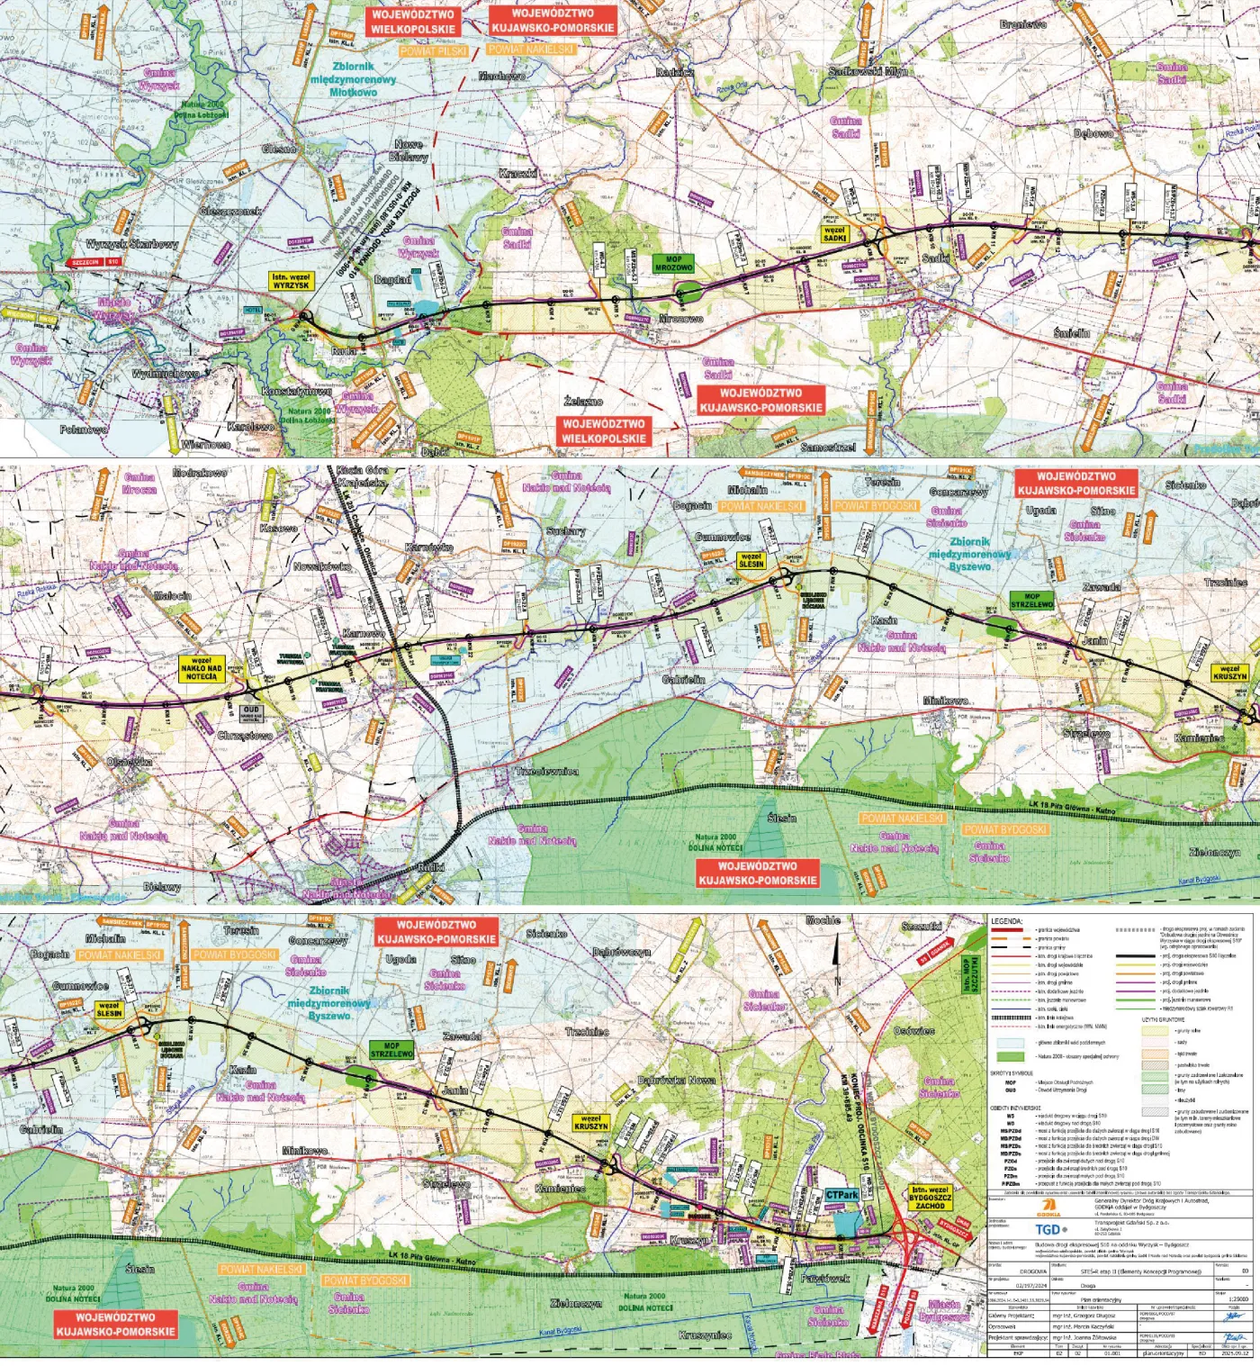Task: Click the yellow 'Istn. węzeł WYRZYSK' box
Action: [x=291, y=281]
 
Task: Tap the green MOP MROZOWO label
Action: [x=673, y=263]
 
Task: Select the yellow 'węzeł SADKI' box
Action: [x=834, y=234]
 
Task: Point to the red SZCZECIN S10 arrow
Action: [x=96, y=263]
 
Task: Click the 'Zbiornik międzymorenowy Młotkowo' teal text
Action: [x=353, y=79]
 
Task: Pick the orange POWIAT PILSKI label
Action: [x=434, y=51]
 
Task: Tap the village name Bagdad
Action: [x=392, y=280]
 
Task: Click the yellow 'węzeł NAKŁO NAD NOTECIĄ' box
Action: [x=202, y=669]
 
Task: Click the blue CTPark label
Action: [x=841, y=1195]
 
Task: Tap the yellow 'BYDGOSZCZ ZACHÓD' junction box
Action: [x=930, y=1198]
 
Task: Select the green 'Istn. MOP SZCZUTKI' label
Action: [x=967, y=975]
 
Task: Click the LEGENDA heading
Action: [x=1006, y=922]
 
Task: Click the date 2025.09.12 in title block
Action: [x=1237, y=1352]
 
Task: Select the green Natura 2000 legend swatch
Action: [x=1011, y=1056]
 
